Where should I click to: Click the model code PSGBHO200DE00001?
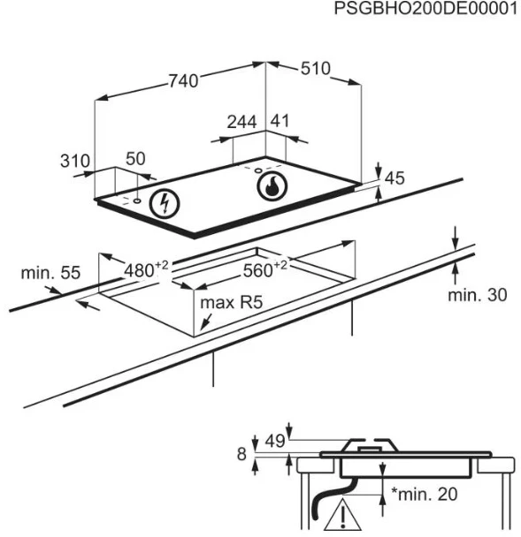(x=425, y=9)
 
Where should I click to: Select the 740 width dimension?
(x=183, y=81)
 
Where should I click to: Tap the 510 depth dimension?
(x=316, y=69)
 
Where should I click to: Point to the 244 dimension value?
(x=241, y=122)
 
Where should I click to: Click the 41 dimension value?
(x=280, y=121)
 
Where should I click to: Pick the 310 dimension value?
(x=75, y=161)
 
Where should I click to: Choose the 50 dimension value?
(x=135, y=159)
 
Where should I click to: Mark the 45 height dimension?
(x=395, y=178)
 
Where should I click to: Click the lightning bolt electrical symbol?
(x=165, y=204)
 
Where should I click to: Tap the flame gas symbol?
(x=272, y=186)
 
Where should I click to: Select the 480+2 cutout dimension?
(x=146, y=269)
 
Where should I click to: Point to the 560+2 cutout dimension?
(x=265, y=268)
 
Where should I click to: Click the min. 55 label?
(x=50, y=273)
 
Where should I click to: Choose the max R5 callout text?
(x=232, y=303)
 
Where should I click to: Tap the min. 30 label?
(x=478, y=295)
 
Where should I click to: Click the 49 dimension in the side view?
(x=275, y=441)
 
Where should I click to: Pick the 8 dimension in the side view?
(x=241, y=454)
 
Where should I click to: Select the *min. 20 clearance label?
(x=425, y=495)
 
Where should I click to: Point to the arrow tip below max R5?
(x=201, y=329)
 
